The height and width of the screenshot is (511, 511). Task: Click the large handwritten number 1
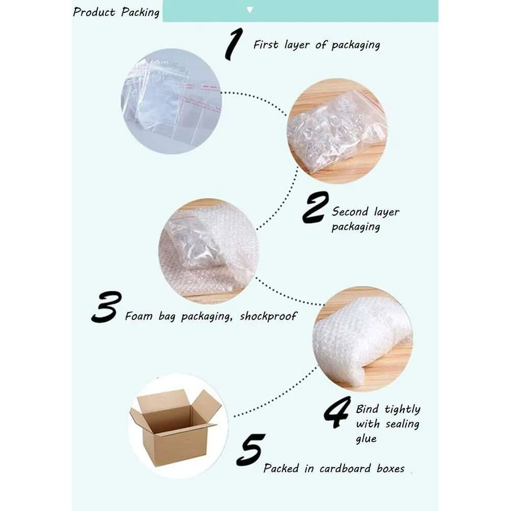(x=235, y=44)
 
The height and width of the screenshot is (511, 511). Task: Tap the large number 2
(x=315, y=207)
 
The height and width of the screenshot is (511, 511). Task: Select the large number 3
(x=107, y=307)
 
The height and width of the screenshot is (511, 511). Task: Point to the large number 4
(x=337, y=412)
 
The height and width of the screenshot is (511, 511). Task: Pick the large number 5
(x=250, y=450)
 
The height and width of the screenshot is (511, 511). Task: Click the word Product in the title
(x=94, y=12)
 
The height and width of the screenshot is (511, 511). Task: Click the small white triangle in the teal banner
(x=250, y=10)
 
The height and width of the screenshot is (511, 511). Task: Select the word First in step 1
(x=266, y=44)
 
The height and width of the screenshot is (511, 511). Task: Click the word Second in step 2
(x=350, y=212)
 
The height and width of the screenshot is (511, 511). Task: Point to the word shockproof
(x=268, y=316)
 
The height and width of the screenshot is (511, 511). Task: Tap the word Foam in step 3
(x=139, y=316)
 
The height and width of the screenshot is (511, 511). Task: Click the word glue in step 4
(x=366, y=438)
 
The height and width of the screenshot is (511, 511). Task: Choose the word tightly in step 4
(x=403, y=409)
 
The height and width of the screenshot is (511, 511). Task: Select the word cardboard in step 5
(x=345, y=468)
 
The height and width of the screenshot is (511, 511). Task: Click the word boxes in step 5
(x=390, y=468)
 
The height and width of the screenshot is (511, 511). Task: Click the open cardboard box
(x=175, y=428)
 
